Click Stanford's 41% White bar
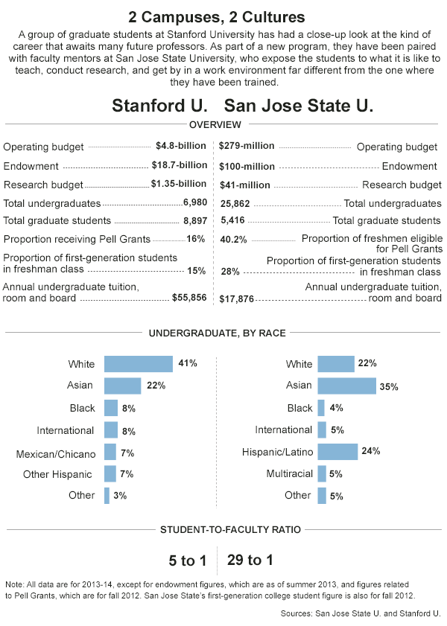pos(139,364)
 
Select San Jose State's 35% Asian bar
pos(346,386)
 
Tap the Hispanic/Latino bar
pos(337,452)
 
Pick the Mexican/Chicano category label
pos(56,454)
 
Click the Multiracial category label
pos(290,473)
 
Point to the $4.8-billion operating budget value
pos(181,146)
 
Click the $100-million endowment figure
pos(247,167)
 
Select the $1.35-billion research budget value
pos(179,184)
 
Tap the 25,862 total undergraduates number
pos(235,204)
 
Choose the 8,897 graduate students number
pos(195,221)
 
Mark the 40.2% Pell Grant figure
pos(234,240)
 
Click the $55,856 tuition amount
pos(189,298)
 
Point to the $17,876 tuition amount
pos(236,299)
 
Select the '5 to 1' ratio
pos(187,560)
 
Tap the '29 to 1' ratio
pos(250,560)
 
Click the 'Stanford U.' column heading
pos(159,106)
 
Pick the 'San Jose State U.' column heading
pos(299,106)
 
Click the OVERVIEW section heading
pos(215,124)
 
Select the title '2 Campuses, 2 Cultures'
pos(217,17)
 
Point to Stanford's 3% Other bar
pos(107,496)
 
